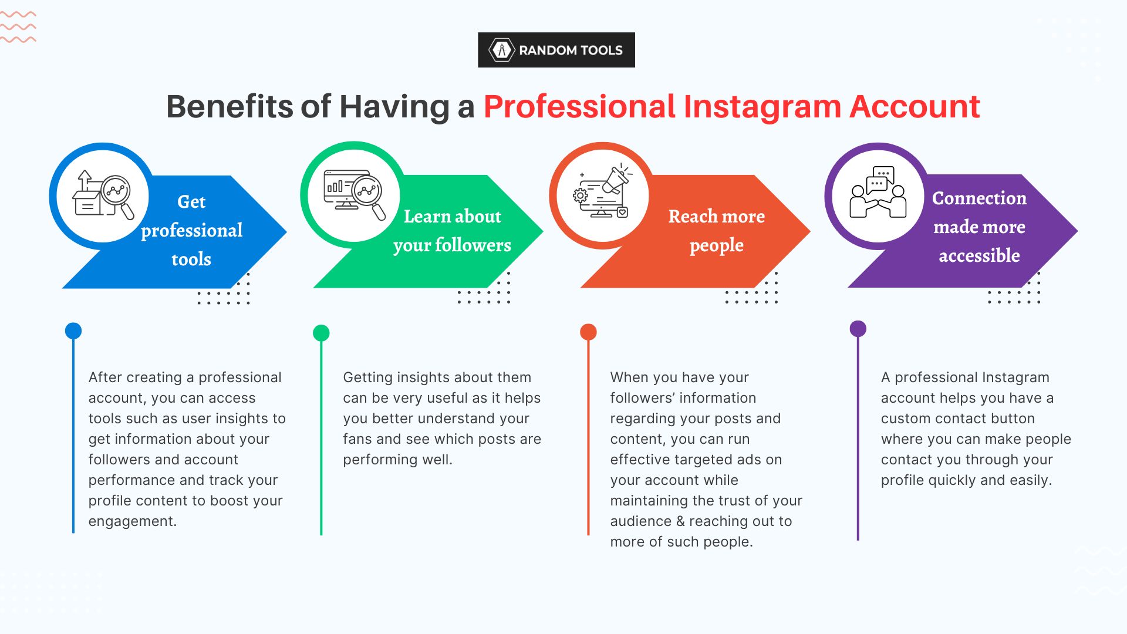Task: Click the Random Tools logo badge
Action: point(556,50)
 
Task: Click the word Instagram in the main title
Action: point(762,107)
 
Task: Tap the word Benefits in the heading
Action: point(230,107)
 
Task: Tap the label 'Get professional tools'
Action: point(191,230)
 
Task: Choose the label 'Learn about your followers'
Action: point(452,231)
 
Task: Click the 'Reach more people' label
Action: point(716,231)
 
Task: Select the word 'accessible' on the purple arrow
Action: point(979,256)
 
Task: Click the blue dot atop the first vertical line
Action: point(73,331)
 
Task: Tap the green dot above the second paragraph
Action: point(321,333)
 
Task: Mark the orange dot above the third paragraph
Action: point(588,332)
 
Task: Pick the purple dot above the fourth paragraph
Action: point(858,329)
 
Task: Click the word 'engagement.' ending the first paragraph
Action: point(133,521)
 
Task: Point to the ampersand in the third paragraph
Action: point(680,521)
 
